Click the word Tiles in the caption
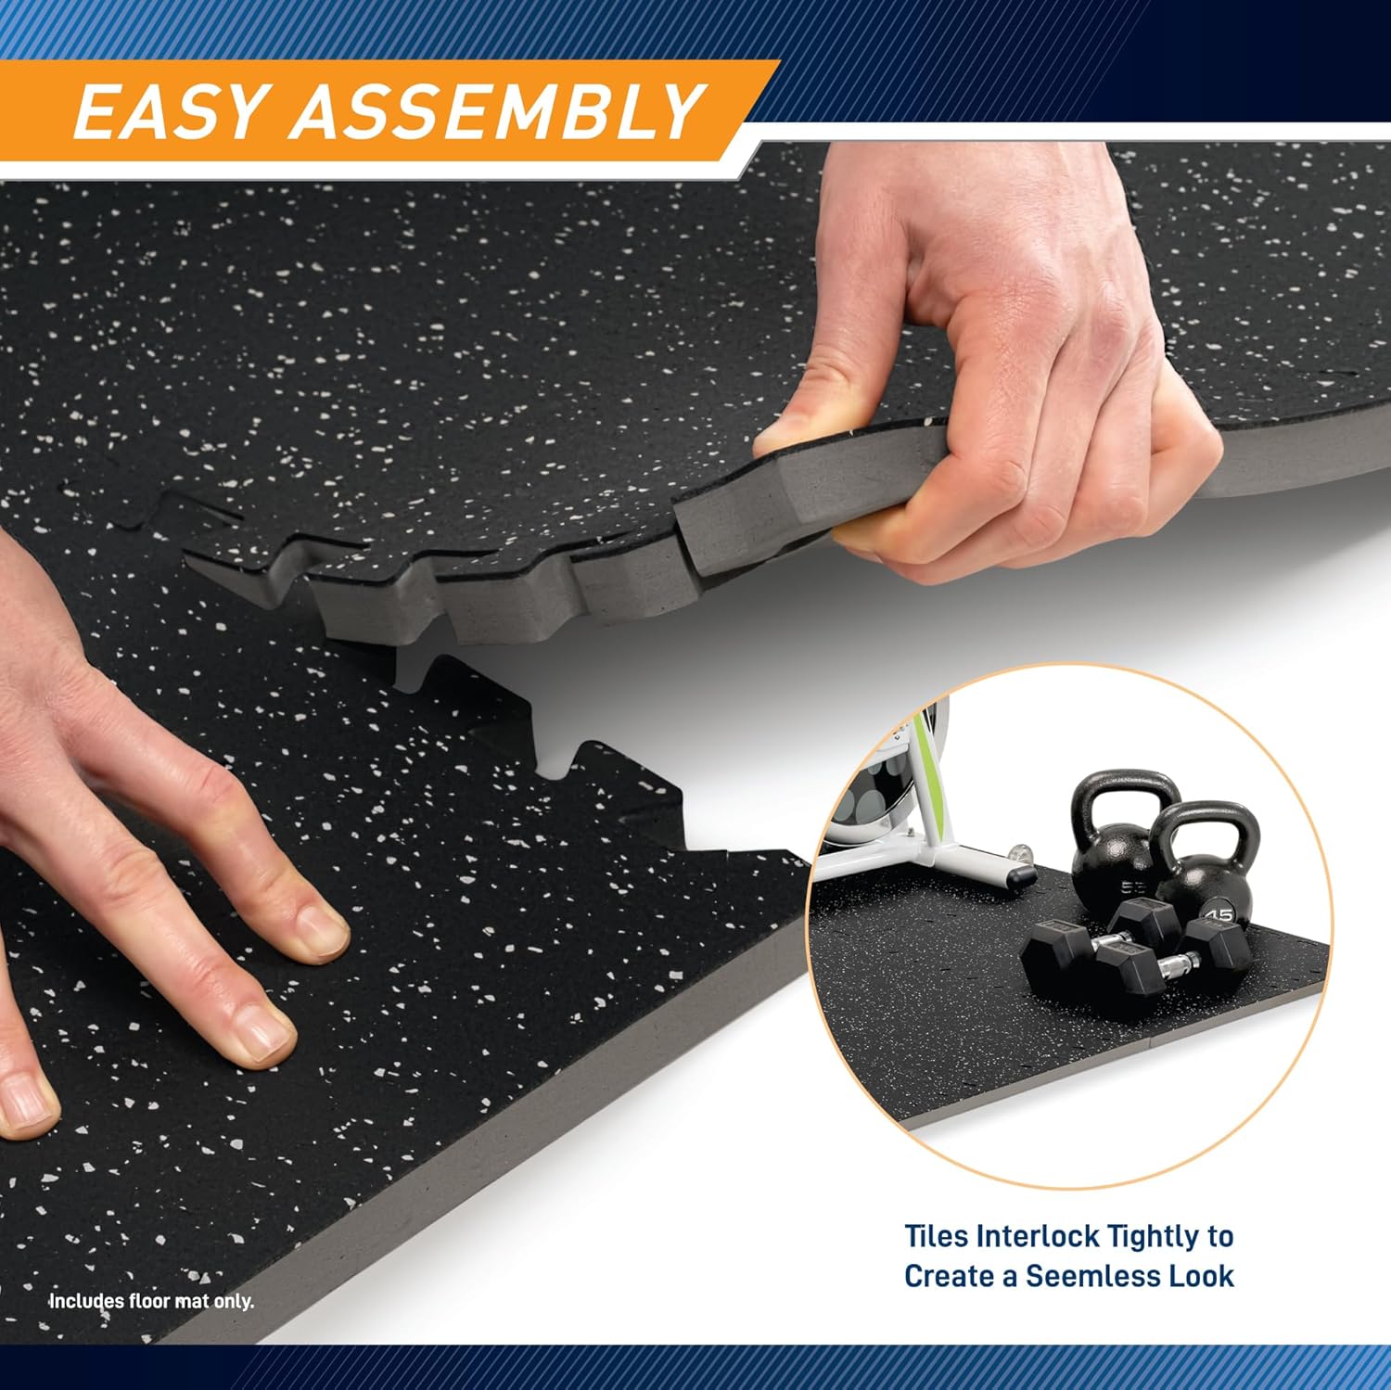pyautogui.click(x=938, y=1236)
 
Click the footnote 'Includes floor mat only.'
pyautogui.click(x=151, y=1301)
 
